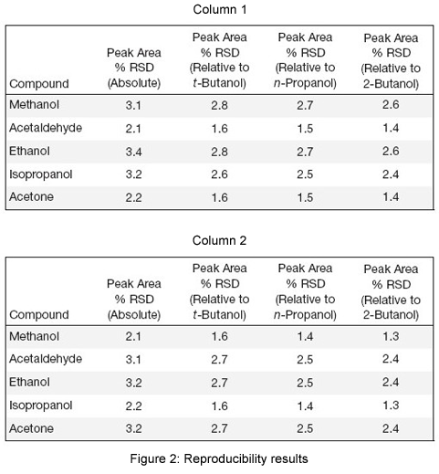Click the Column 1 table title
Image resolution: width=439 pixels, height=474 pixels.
click(219, 9)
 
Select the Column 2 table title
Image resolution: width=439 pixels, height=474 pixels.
click(219, 240)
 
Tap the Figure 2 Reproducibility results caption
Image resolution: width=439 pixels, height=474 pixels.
click(219, 458)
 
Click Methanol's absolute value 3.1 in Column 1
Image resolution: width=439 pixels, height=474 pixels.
click(133, 105)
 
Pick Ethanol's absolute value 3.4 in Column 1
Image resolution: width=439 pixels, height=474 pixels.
click(133, 152)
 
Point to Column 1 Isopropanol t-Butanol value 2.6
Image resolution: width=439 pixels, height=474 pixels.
click(219, 174)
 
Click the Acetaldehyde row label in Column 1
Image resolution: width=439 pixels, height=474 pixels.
click(46, 128)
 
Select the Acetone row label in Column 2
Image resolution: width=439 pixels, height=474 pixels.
click(31, 428)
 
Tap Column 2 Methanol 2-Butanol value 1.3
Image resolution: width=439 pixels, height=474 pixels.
click(391, 336)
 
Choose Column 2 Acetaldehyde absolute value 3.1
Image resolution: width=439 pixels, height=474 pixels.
click(133, 360)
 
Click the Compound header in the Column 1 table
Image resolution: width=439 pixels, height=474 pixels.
click(39, 84)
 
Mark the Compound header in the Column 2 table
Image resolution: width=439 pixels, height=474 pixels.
click(39, 315)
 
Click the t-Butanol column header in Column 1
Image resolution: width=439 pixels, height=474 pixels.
click(219, 60)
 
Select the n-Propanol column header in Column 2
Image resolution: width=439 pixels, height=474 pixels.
click(305, 291)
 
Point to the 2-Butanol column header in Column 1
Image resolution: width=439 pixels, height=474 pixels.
click(391, 60)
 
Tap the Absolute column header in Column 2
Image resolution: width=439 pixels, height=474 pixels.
click(134, 299)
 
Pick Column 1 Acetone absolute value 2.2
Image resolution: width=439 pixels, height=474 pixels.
click(133, 197)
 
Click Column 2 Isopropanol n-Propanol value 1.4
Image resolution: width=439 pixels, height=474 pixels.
click(305, 406)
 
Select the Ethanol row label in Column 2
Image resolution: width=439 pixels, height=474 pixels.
click(29, 382)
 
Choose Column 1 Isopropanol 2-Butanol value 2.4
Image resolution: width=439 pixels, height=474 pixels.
click(391, 174)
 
